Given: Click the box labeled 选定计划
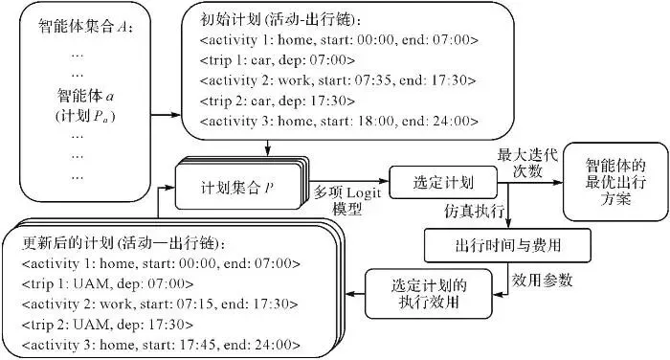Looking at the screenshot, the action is click(443, 183).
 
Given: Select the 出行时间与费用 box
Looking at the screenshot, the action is click(507, 245).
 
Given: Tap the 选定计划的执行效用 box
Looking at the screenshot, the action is click(429, 294).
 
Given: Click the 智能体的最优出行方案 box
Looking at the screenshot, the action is click(615, 182).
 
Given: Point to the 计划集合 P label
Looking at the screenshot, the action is click(237, 188).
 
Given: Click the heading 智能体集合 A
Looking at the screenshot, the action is click(85, 27).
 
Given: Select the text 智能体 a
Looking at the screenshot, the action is click(85, 96).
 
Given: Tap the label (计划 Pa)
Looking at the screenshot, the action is click(85, 116).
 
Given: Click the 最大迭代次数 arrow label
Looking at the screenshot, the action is click(528, 163).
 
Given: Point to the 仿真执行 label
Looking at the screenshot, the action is click(475, 211).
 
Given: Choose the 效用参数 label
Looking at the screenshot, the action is click(543, 281).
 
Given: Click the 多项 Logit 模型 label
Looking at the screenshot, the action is click(347, 201).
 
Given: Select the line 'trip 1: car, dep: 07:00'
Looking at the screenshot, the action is click(278, 60).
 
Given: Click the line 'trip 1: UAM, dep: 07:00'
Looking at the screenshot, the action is click(107, 283).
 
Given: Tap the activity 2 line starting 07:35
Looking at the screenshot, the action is click(338, 80).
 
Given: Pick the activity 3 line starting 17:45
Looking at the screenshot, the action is click(162, 345).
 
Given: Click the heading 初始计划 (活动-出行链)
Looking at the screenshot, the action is click(280, 20).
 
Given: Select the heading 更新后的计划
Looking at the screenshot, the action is click(123, 243).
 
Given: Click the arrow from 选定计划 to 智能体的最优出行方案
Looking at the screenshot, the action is click(530, 183).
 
